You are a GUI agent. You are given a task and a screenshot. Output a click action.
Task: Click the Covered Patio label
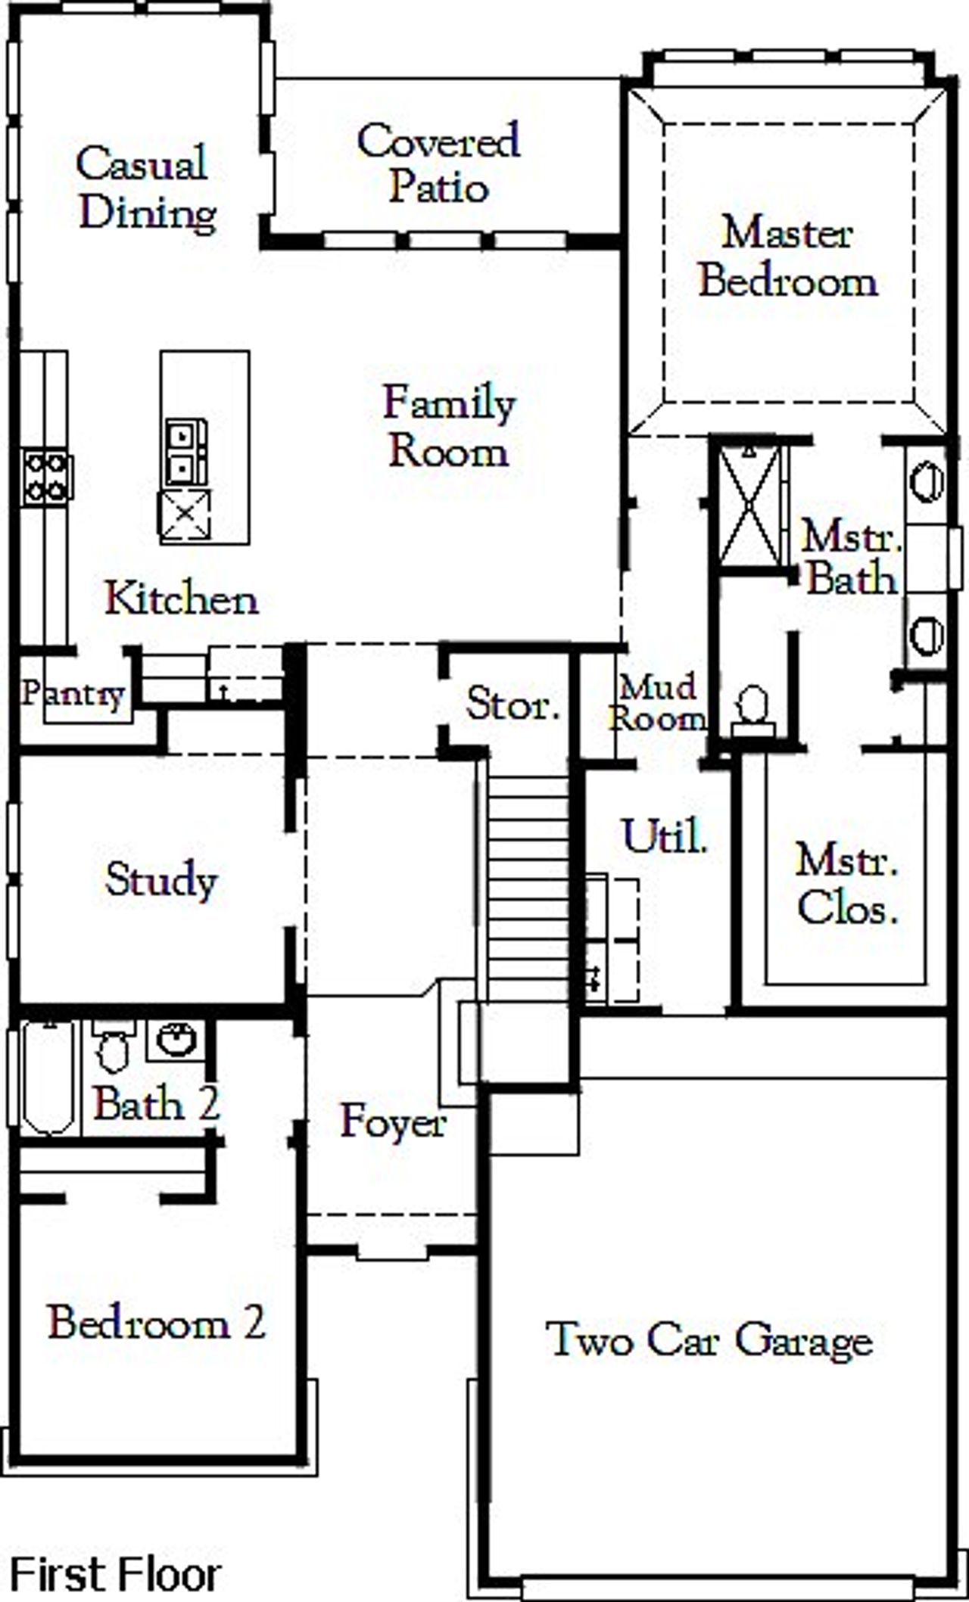[x=438, y=163]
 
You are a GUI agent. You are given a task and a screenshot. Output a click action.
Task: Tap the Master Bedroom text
[x=787, y=257]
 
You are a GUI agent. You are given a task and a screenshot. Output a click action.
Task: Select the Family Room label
[x=449, y=427]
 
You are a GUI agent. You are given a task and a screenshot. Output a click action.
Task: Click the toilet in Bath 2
[x=114, y=1047]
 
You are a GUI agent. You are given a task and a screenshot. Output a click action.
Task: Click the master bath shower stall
[x=749, y=505]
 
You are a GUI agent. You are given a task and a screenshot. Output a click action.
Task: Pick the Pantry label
[x=72, y=693]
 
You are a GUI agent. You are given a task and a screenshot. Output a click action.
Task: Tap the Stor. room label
[x=513, y=705]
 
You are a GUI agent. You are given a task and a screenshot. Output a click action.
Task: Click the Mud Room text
[x=657, y=703]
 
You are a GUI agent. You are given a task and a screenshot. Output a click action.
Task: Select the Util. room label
[x=665, y=837]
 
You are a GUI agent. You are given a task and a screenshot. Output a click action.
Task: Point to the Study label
[x=161, y=879]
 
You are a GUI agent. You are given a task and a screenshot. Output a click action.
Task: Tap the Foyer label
[x=393, y=1121]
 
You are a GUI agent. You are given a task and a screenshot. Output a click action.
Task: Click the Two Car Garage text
[x=709, y=1339]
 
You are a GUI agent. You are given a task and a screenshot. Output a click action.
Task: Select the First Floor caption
[x=115, y=1573]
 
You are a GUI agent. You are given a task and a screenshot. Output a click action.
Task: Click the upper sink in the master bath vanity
[x=927, y=481]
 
